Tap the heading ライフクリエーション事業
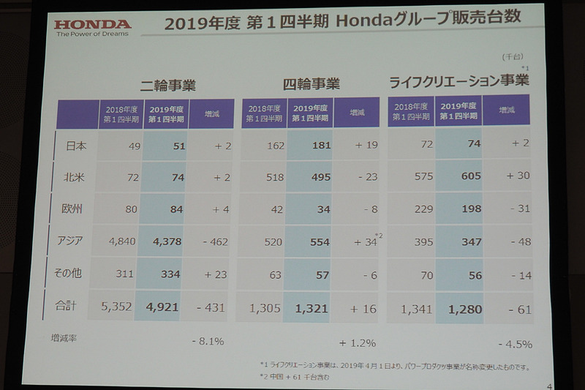[458, 80]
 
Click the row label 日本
[76, 146]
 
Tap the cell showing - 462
[214, 241]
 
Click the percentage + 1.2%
[358, 342]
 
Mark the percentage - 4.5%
[516, 344]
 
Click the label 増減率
[66, 338]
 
